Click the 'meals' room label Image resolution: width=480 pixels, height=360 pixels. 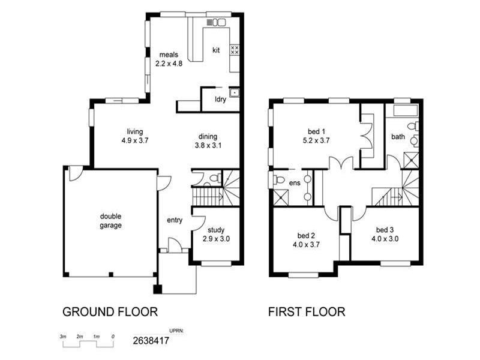click(x=169, y=55)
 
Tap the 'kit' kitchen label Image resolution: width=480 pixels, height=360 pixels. click(x=216, y=50)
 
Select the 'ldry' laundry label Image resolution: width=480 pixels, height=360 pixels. click(x=220, y=100)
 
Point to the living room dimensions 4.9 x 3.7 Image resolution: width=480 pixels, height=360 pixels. click(x=134, y=140)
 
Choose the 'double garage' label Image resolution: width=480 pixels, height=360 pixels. click(x=110, y=221)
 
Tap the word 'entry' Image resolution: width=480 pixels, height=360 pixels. click(x=175, y=220)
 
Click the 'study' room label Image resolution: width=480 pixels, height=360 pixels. click(x=216, y=230)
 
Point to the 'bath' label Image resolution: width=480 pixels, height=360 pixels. click(x=398, y=137)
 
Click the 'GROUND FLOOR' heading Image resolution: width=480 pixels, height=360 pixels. click(x=110, y=312)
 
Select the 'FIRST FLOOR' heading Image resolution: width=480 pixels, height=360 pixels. click(x=306, y=312)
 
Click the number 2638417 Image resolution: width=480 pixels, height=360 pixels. click(x=151, y=341)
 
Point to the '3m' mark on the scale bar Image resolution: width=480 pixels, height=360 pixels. click(x=62, y=337)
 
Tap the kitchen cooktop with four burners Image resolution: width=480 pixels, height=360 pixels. click(x=235, y=50)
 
